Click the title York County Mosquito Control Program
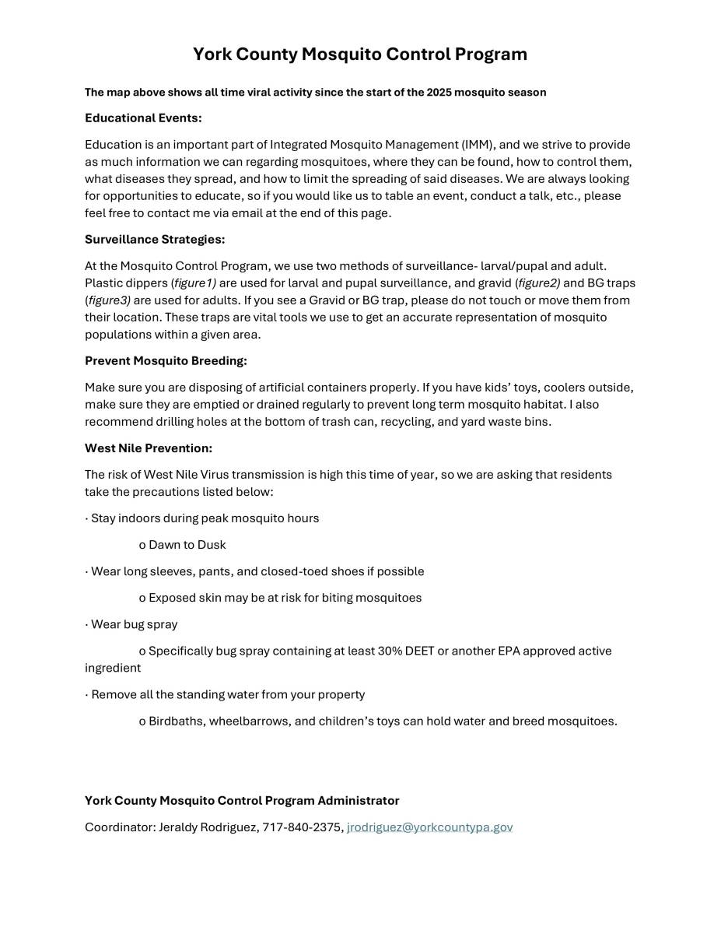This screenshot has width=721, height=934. pos(360,54)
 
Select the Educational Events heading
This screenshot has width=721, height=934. pos(143,118)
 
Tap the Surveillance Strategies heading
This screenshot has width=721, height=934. pos(155,240)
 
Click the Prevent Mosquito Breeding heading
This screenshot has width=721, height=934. pos(166,361)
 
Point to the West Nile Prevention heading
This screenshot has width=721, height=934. pos(149,448)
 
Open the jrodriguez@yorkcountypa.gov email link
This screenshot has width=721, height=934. pos(429,827)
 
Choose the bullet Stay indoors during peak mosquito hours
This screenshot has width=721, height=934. pos(205,518)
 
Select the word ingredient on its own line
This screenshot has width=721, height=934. pos(113,668)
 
